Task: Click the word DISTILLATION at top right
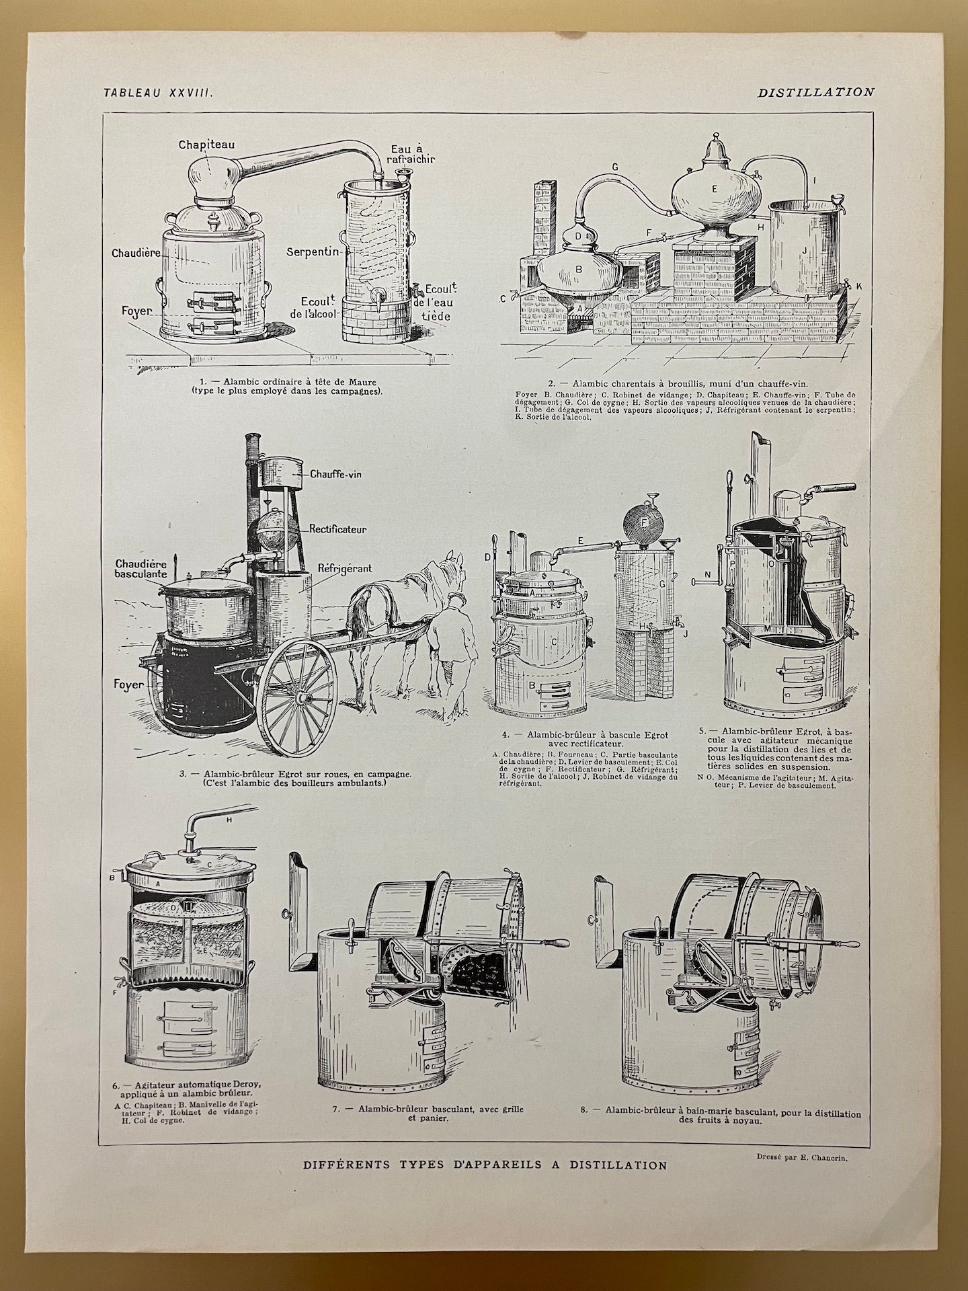click(x=815, y=93)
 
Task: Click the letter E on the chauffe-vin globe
click(x=715, y=189)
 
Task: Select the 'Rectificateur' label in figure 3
click(x=338, y=529)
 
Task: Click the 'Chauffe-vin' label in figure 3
click(x=336, y=474)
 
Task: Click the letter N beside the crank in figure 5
click(x=707, y=574)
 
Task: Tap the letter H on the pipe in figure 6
click(x=229, y=820)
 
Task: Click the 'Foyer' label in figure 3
click(x=129, y=684)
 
